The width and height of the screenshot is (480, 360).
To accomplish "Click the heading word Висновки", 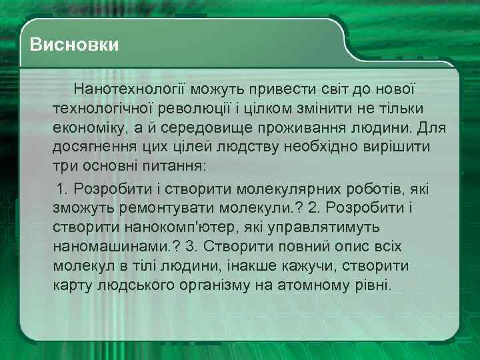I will [75, 45].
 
